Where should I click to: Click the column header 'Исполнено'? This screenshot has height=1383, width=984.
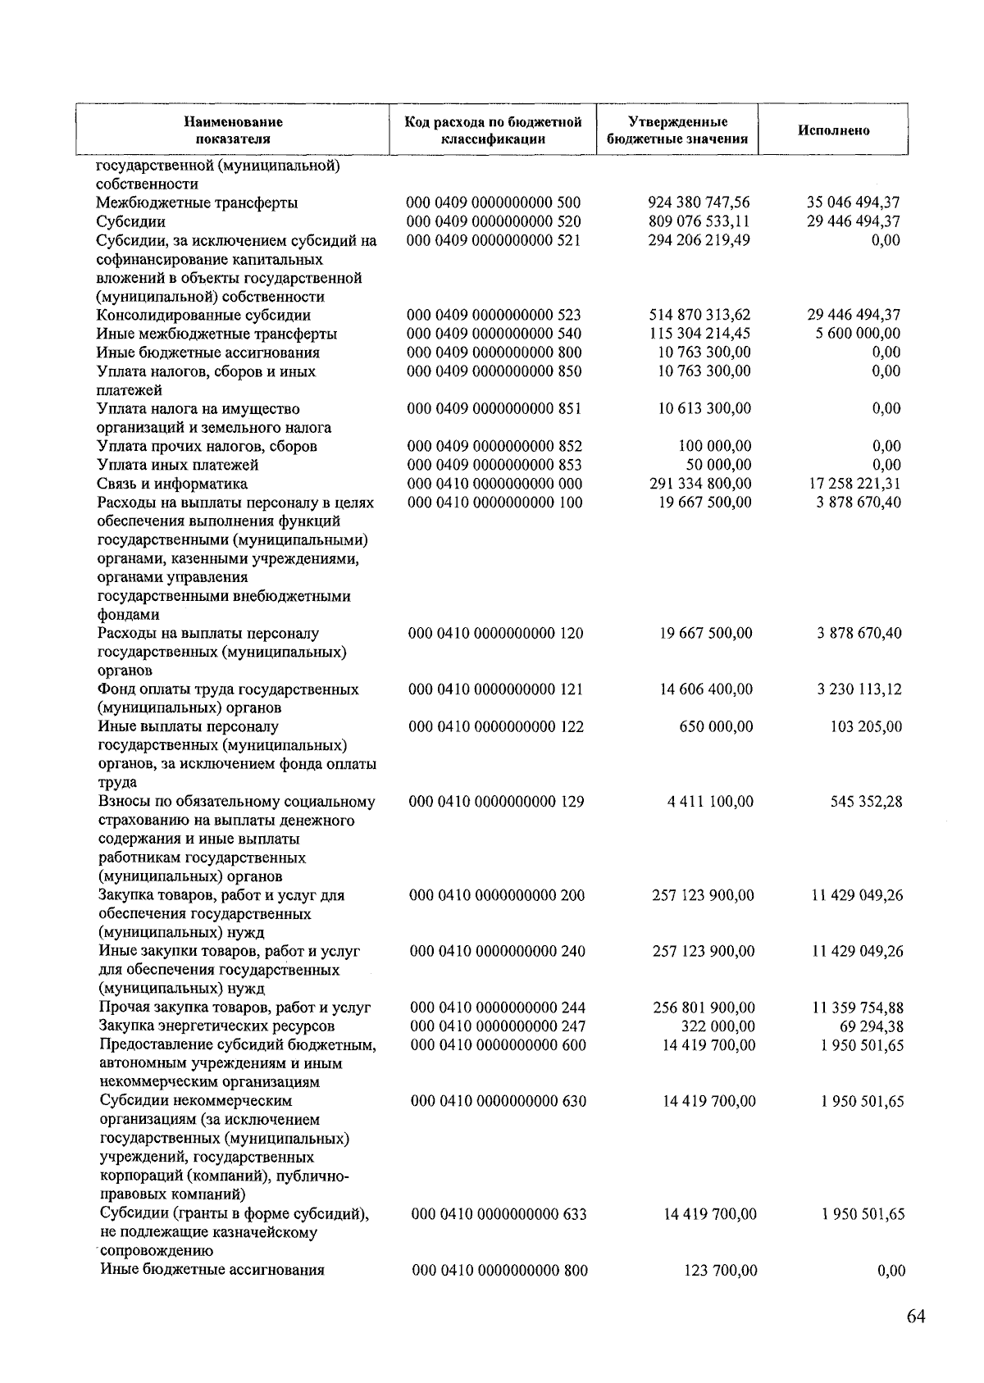(833, 130)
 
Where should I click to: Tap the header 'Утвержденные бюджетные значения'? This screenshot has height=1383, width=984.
(677, 130)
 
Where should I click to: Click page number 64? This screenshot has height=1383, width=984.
(916, 1317)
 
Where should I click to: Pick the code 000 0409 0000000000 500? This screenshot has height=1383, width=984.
(494, 202)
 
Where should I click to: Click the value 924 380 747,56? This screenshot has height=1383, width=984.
(699, 202)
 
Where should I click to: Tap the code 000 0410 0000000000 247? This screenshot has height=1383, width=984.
(497, 1026)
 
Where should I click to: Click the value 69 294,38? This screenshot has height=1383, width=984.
(870, 1026)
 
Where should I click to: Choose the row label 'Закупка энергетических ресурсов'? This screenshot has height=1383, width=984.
(216, 1026)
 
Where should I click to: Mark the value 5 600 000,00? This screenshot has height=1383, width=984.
(858, 334)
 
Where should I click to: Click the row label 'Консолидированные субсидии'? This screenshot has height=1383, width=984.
(203, 316)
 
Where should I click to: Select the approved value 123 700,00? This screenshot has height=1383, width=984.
(720, 1271)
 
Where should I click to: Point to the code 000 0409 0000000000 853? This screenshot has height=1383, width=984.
(494, 465)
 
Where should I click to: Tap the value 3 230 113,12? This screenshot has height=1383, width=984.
(859, 689)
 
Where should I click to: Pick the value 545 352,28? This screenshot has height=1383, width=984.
(866, 802)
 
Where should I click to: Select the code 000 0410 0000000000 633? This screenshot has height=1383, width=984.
(499, 1214)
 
